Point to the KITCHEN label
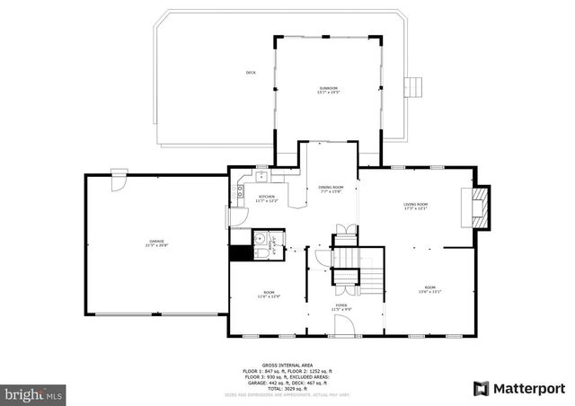click(x=267, y=198)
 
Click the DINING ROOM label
click(x=332, y=189)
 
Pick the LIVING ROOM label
click(x=415, y=206)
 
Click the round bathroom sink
click(x=259, y=238)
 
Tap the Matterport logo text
click(x=523, y=388)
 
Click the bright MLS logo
click(x=33, y=393)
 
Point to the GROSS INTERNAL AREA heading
click(x=287, y=365)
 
